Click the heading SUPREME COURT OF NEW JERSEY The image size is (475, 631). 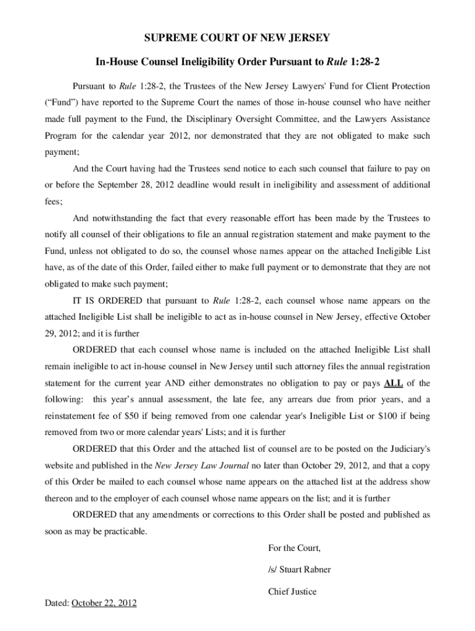point(237,38)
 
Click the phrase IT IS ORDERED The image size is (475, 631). point(107,301)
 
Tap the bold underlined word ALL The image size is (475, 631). point(394,383)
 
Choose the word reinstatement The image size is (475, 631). point(70,417)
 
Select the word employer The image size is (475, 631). point(123,499)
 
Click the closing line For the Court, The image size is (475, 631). point(294,548)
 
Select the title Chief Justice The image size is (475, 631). point(292,592)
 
